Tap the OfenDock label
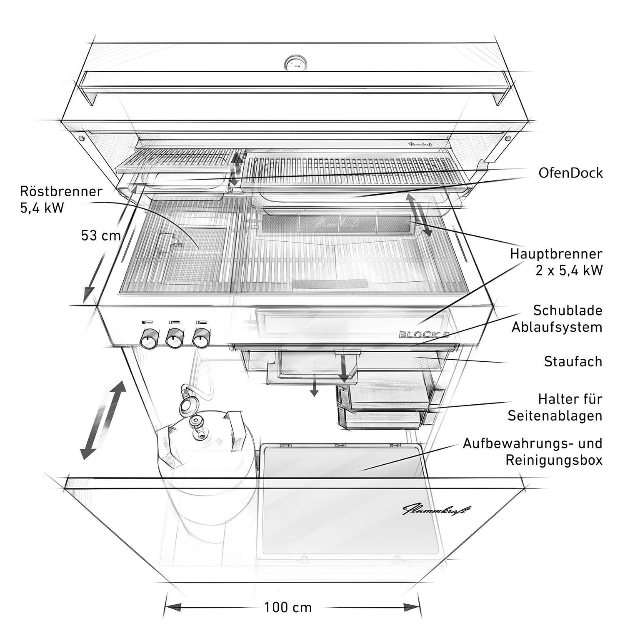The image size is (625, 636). pos(570,173)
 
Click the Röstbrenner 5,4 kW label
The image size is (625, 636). pos(61,199)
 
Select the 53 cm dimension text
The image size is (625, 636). pos(101,235)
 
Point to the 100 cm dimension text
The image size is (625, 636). pos(288,607)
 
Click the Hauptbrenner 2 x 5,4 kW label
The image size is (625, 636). pos(556,262)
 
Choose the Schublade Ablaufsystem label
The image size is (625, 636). pos(557,318)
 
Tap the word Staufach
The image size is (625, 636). pos(573,361)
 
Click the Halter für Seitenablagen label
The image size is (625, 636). pos(555,407)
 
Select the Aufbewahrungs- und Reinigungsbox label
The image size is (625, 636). pos(533,451)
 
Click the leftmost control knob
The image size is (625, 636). pos(148,338)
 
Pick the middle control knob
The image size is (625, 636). pos(175,338)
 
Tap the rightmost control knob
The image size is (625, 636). pos(201,338)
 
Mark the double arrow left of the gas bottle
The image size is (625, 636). pos(103,420)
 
